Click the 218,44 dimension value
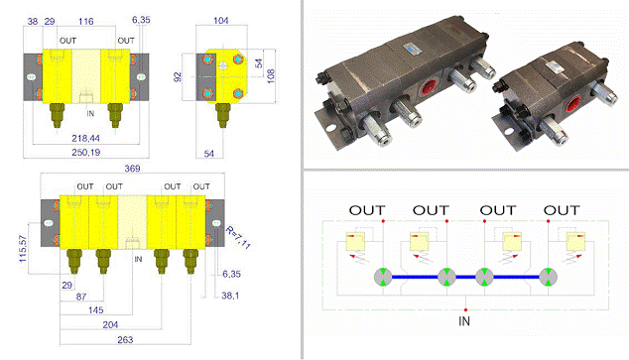click(86, 138)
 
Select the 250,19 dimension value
click(86, 153)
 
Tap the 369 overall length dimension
click(132, 169)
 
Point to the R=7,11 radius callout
click(238, 237)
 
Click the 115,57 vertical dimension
click(23, 249)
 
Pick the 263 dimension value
click(125, 340)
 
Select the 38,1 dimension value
click(230, 296)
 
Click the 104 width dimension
click(221, 20)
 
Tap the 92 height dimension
click(178, 77)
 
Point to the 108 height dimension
click(271, 76)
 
